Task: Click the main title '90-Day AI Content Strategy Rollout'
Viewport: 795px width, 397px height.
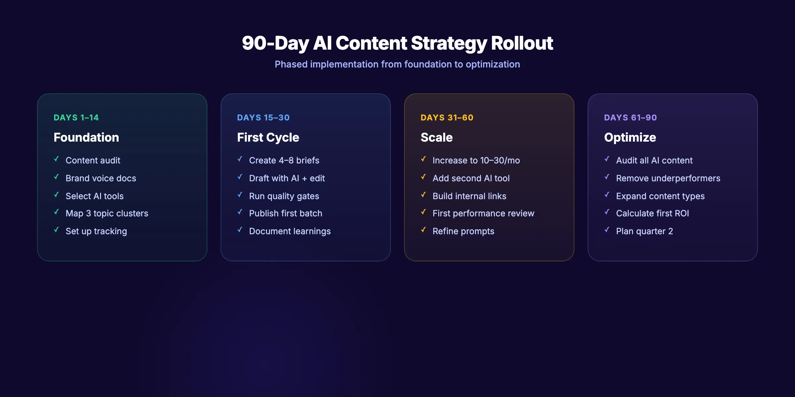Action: pos(397,43)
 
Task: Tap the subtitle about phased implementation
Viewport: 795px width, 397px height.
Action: pos(397,64)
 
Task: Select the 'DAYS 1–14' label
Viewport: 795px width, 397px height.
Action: pos(76,117)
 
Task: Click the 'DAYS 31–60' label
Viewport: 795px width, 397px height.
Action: pos(447,117)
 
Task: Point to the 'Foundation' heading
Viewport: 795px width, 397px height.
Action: pos(86,137)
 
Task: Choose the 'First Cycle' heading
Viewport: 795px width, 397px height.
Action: pos(268,137)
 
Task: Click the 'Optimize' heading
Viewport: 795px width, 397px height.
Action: pos(630,137)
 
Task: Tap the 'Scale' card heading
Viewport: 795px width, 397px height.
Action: pos(436,137)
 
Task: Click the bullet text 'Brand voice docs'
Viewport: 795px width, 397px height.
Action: pos(101,178)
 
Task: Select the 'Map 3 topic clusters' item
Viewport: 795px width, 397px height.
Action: pos(107,213)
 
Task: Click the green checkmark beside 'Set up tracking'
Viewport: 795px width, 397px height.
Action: pos(57,230)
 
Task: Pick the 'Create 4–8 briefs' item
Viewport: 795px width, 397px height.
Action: pos(284,160)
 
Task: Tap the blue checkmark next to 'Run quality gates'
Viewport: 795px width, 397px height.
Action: pos(240,195)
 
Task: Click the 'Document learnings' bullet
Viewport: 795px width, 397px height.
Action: pos(290,231)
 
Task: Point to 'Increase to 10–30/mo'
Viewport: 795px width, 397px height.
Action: pos(476,160)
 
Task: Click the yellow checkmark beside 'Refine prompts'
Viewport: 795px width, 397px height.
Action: pos(424,230)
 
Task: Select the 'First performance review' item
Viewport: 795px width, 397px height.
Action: pos(483,213)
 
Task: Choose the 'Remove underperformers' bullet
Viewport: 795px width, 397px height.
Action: pos(668,178)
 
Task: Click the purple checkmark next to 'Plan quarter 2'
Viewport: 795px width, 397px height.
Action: pos(607,230)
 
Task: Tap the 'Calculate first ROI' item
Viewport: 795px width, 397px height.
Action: pos(652,213)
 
